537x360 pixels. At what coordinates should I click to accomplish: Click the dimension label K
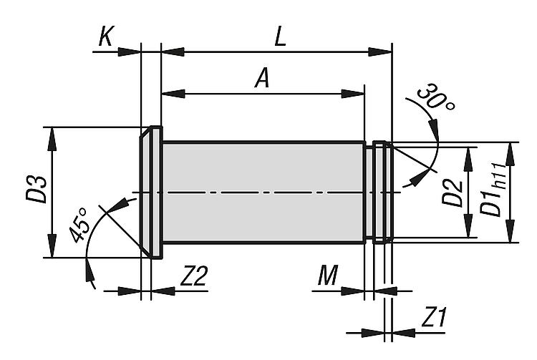point(105,37)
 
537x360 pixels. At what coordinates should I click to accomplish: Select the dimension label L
point(280,37)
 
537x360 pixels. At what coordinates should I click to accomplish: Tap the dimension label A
point(263,79)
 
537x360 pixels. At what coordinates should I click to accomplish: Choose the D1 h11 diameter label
point(495,193)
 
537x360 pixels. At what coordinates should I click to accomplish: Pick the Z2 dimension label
point(194,276)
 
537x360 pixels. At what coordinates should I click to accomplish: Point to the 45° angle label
point(80,227)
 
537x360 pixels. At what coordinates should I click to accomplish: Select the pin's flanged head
point(151,193)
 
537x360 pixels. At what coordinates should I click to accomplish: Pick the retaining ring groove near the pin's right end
point(370,193)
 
